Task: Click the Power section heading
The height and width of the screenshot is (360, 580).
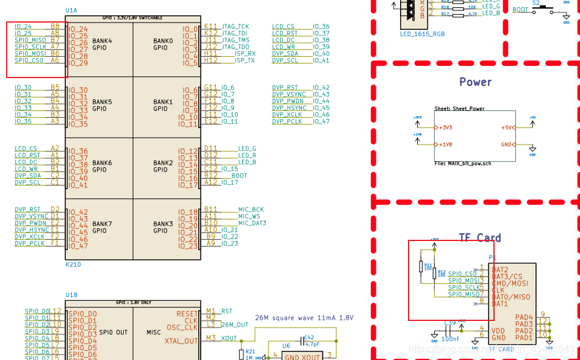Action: [475, 82]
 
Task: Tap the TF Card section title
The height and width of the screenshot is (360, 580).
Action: [480, 238]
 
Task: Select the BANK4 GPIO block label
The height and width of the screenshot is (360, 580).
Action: [102, 44]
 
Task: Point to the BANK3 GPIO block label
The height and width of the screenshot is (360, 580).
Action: [163, 227]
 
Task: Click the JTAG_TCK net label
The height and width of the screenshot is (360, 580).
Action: [235, 27]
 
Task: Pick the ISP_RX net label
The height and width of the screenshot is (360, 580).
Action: [245, 54]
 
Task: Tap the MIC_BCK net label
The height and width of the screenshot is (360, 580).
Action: [251, 209]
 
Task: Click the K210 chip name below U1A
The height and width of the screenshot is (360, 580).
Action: [73, 265]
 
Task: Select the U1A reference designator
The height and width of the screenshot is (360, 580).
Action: [71, 11]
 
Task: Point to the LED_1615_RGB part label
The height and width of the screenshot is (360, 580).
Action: [422, 34]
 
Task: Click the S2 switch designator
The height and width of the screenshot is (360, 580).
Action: [536, 3]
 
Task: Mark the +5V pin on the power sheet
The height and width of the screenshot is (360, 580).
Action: [506, 128]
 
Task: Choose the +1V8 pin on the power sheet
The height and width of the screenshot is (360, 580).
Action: [445, 145]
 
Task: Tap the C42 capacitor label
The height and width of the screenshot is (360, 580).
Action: [309, 337]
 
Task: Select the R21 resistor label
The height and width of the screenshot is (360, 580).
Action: [249, 351]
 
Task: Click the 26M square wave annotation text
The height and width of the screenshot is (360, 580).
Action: [304, 318]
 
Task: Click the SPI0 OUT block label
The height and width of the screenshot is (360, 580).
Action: [113, 333]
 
